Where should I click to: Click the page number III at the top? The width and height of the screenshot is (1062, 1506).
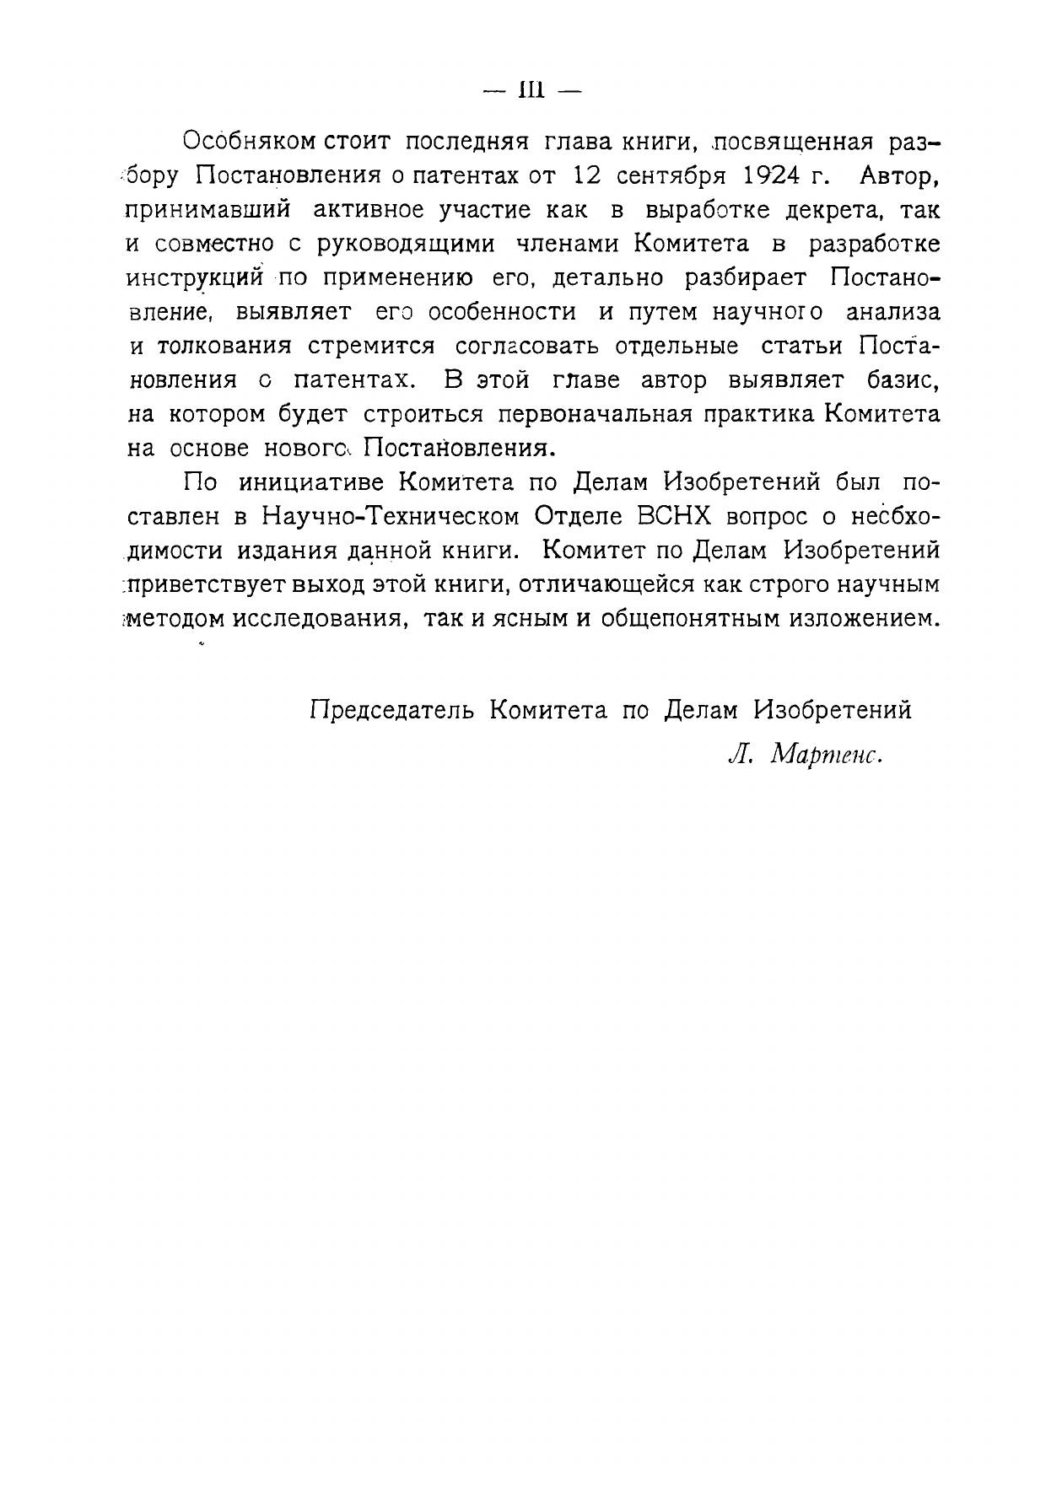[x=531, y=90]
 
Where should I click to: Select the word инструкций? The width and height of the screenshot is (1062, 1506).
[x=196, y=277]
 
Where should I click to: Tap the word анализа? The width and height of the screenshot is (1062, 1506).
[x=892, y=312]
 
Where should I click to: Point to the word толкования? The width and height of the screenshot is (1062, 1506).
[x=224, y=347]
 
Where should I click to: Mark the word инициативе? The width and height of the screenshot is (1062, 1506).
[x=311, y=482]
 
